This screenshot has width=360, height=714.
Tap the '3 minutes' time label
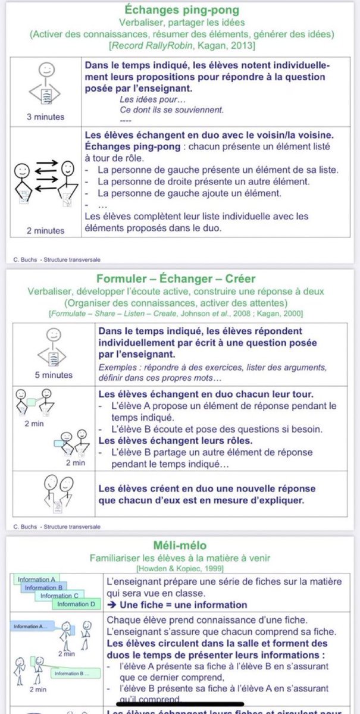point(46,117)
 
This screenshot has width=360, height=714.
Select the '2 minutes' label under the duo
point(46,230)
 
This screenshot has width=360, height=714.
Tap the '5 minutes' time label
point(54,375)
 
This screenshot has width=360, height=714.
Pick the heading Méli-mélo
point(180,546)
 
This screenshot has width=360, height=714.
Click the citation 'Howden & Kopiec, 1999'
point(180,569)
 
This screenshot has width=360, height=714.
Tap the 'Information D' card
point(76,605)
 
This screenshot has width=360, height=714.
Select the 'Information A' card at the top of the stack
point(37,580)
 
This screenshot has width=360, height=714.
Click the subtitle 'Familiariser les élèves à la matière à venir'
point(180,558)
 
